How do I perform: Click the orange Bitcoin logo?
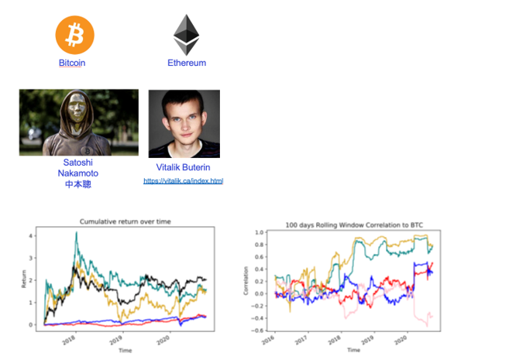(x=74, y=35)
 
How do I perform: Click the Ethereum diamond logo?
(x=186, y=36)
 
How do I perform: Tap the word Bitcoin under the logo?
(x=72, y=63)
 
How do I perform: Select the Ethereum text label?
(x=187, y=63)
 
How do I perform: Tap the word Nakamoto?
(x=78, y=173)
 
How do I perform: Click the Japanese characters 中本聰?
(x=78, y=184)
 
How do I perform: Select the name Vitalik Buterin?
(x=184, y=167)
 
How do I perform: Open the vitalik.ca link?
(x=184, y=181)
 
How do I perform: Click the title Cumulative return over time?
(x=125, y=222)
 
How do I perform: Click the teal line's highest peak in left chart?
(x=75, y=232)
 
